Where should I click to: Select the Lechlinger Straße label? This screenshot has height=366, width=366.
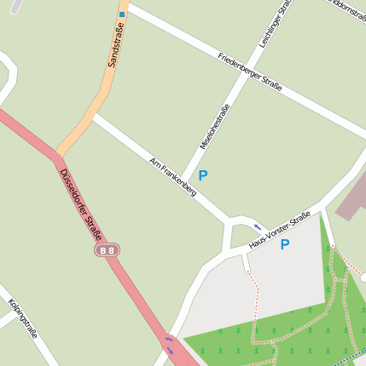[276, 22]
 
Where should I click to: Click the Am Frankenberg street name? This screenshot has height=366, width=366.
[172, 177]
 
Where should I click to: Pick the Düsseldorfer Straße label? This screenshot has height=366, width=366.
[81, 205]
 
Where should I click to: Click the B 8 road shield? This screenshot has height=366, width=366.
[106, 250]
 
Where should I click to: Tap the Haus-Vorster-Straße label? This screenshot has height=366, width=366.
[279, 231]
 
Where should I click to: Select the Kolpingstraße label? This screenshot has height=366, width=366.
[23, 319]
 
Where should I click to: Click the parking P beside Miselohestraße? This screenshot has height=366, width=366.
[202, 175]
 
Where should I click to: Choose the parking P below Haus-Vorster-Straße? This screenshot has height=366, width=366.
[285, 245]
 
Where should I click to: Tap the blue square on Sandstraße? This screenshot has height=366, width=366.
[122, 14]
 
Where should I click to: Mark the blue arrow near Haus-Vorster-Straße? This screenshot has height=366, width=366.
[258, 227]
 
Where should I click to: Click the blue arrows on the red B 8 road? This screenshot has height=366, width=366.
[169, 345]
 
